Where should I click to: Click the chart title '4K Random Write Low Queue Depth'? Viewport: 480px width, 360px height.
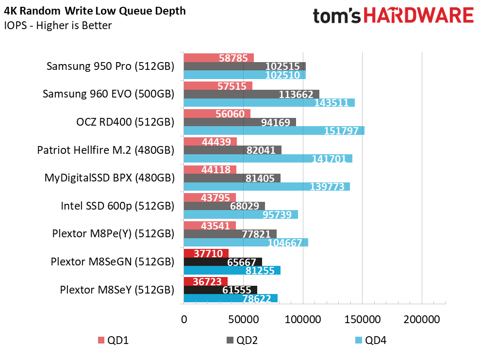[x=95, y=11]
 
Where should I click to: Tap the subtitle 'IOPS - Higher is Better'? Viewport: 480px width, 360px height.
[x=58, y=25]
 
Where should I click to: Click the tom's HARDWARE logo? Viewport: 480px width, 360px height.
[x=393, y=16]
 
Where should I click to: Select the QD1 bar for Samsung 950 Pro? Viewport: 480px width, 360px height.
[x=218, y=58]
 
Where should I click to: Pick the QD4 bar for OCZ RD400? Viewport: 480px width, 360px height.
[x=274, y=131]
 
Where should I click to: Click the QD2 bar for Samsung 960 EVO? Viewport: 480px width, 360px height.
[x=251, y=94]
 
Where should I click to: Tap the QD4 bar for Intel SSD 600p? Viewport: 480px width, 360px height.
[x=241, y=214]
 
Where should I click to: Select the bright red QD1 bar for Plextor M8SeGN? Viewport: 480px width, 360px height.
[x=206, y=253]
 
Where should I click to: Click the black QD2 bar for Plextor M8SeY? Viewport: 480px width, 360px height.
[x=220, y=290]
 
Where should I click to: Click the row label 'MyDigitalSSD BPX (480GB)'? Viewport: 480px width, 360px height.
[x=109, y=178]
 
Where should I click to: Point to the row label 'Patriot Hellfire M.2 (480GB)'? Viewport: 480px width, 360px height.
[x=105, y=150]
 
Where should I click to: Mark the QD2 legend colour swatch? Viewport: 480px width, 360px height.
[x=230, y=341]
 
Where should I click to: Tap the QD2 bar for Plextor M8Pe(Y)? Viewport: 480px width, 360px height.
[x=230, y=234]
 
